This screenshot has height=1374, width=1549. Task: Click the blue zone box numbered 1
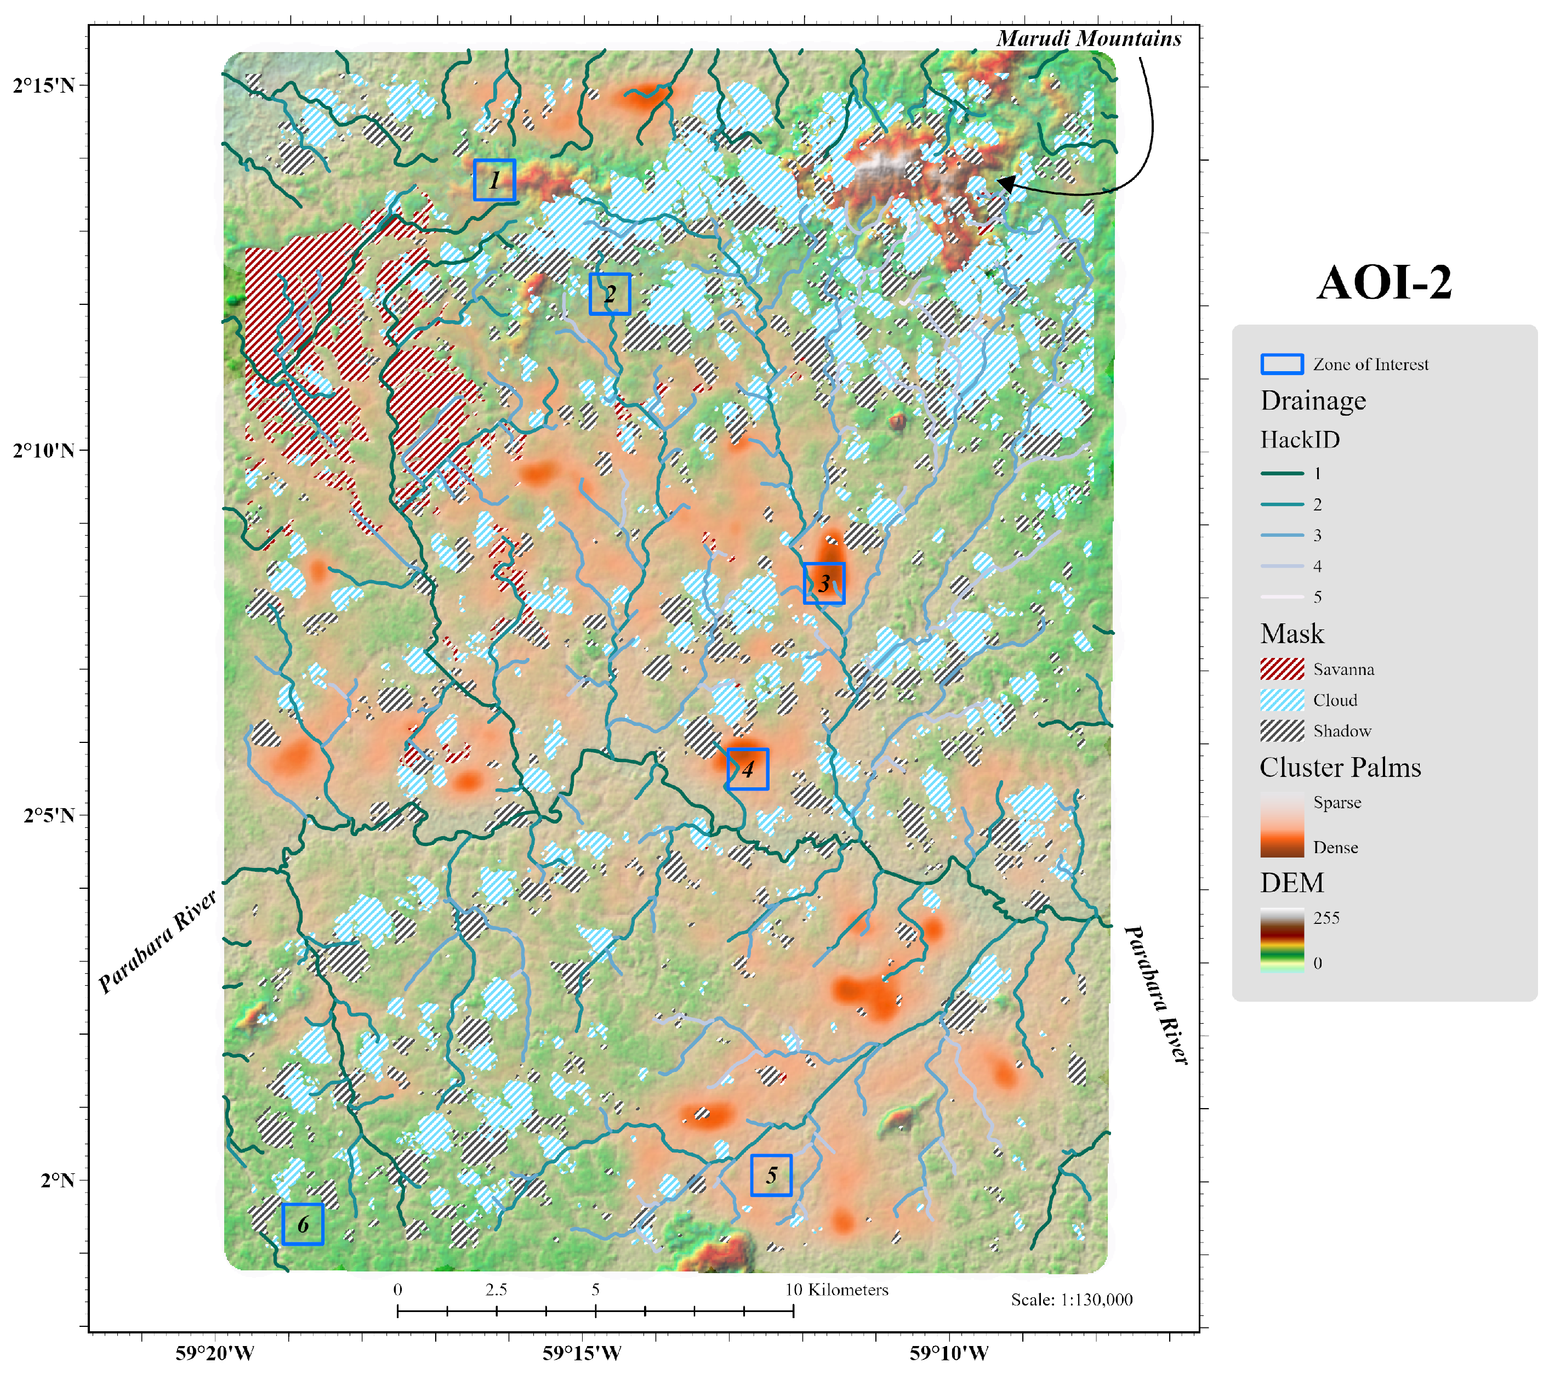494,180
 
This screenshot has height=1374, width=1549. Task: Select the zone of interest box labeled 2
610,294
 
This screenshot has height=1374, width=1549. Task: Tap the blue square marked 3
824,583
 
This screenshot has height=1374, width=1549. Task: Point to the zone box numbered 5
771,1176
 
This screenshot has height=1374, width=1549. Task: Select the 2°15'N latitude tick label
44,85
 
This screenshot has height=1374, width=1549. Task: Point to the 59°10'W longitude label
949,1353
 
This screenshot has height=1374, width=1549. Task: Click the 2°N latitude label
58,1180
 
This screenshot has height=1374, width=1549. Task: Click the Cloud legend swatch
1282,700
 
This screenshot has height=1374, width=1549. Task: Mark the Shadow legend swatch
1282,730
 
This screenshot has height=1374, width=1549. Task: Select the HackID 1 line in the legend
1282,474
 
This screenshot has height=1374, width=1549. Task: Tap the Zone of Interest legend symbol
1282,365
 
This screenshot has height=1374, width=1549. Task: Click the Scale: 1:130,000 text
1071,1301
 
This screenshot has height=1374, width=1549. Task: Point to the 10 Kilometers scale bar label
836,1290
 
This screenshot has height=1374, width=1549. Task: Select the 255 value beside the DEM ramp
1326,918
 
